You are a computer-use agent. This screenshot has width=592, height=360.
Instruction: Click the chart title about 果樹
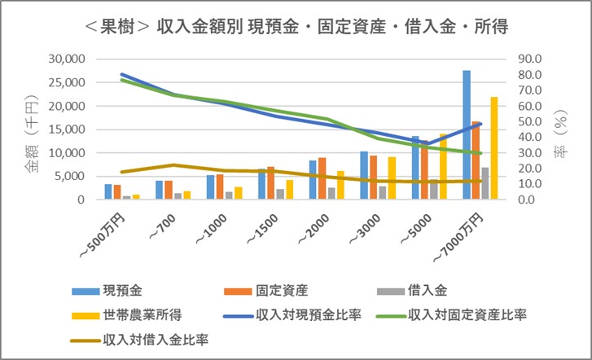point(296,26)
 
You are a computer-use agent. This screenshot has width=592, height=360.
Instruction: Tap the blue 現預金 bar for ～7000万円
point(467,134)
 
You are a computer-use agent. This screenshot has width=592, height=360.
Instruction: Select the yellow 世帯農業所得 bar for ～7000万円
point(493,148)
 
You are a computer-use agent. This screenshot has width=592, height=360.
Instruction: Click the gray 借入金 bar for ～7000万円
point(485,183)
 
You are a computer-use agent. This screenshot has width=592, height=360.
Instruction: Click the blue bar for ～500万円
point(108,191)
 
